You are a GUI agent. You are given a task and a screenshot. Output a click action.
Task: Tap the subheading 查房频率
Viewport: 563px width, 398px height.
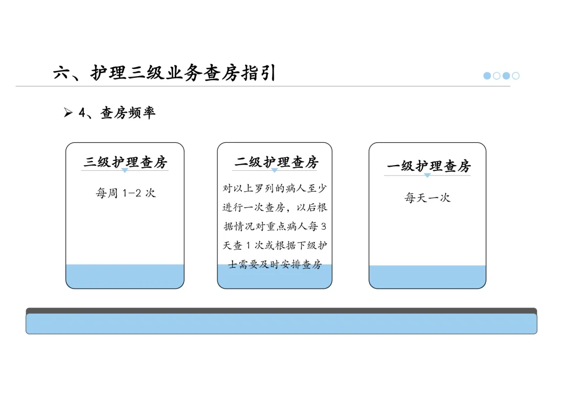(128, 113)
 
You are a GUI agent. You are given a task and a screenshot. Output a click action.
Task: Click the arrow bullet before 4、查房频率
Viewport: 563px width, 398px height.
(68, 113)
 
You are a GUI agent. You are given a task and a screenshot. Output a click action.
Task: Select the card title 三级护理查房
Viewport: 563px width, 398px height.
(125, 162)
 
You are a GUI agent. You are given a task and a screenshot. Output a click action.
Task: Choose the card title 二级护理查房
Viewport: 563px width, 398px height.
(276, 162)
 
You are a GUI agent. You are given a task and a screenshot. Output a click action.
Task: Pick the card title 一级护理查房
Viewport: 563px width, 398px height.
(429, 166)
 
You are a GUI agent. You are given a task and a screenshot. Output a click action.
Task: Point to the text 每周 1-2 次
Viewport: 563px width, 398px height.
(125, 193)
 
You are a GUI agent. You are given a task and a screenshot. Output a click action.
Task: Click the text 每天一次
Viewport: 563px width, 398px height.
(427, 197)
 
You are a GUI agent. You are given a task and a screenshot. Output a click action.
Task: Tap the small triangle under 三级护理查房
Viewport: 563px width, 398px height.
(125, 170)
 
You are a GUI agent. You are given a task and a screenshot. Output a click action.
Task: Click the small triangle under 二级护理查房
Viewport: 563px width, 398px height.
(274, 170)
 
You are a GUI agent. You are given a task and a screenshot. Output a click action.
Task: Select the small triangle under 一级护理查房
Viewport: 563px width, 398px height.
(427, 176)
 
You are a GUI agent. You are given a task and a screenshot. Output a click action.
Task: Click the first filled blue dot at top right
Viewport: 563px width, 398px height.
(487, 76)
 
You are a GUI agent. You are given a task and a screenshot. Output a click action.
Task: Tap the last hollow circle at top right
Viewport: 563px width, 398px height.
(516, 76)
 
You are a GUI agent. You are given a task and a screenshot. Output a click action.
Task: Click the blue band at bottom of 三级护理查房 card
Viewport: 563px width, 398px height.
(125, 276)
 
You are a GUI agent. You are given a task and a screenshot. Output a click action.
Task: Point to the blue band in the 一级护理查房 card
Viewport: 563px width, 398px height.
(427, 277)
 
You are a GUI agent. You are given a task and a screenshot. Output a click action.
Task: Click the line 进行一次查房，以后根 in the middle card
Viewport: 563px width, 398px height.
(275, 207)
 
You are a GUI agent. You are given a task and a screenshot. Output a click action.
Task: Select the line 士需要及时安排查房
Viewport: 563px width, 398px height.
(275, 265)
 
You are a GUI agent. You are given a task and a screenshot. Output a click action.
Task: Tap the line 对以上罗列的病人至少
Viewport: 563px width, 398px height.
(275, 188)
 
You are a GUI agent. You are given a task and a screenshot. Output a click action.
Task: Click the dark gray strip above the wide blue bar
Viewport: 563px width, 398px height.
(281, 310)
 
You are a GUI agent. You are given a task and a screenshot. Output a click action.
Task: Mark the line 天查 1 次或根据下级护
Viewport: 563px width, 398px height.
(275, 245)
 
